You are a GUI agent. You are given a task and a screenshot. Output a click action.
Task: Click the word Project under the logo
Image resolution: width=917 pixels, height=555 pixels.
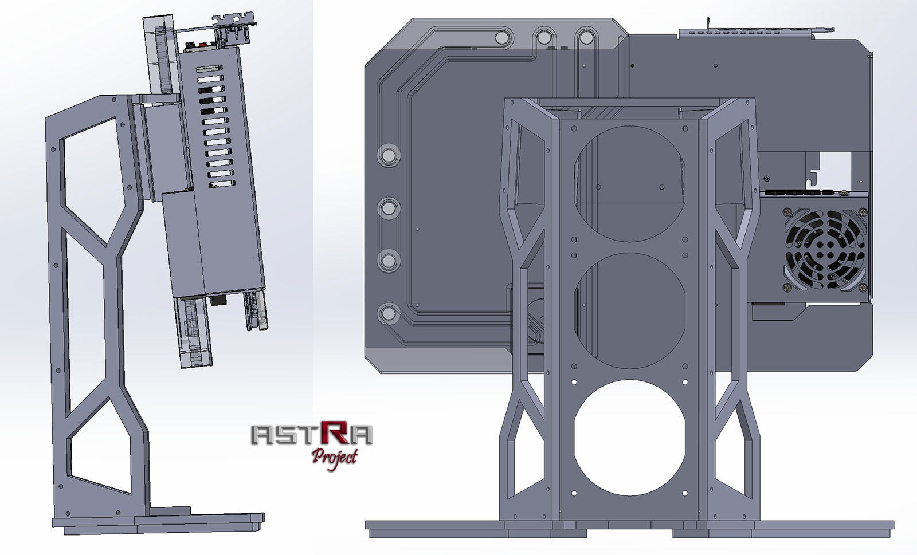pos(335,456)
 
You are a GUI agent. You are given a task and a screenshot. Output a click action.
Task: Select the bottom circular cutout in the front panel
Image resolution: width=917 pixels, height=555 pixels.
pos(629,439)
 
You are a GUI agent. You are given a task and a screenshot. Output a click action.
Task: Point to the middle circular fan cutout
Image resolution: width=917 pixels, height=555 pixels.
pos(629,310)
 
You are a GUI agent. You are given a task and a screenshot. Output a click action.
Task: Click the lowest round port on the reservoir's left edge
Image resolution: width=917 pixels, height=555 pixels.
pos(389,313)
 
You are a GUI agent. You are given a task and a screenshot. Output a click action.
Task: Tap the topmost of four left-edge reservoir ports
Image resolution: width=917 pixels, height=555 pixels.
pos(389,155)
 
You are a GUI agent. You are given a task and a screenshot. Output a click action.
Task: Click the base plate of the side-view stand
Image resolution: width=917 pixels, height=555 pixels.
pos(158,522)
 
